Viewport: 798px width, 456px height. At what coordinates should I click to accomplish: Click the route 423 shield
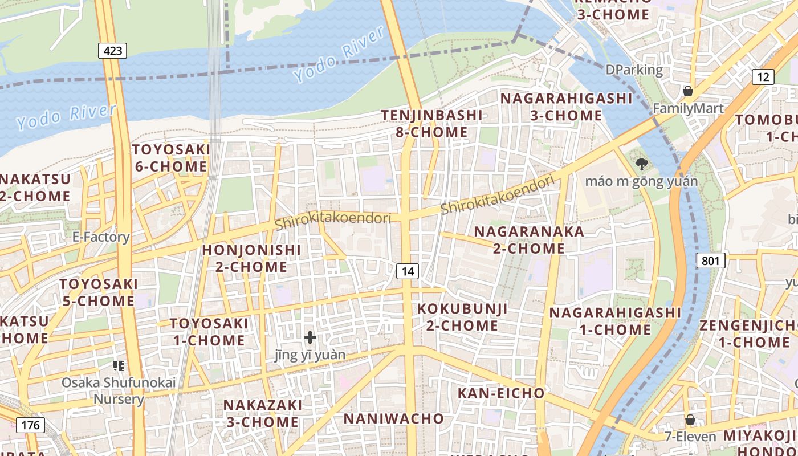click(112, 51)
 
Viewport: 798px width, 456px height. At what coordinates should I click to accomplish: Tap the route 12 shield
click(763, 77)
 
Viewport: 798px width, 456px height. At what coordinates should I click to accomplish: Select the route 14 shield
click(407, 271)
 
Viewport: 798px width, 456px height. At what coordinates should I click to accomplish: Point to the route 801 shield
click(710, 261)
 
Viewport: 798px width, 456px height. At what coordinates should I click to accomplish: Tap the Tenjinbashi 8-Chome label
click(431, 124)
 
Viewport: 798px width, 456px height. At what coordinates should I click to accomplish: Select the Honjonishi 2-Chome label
click(251, 258)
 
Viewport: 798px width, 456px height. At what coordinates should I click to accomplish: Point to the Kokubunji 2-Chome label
click(462, 317)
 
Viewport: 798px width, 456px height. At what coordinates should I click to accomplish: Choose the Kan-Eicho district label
click(501, 393)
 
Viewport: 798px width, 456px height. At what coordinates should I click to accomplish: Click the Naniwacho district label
click(393, 418)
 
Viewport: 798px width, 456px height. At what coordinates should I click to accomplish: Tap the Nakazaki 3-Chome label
click(262, 413)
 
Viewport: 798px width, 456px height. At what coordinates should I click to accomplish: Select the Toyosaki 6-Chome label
click(171, 158)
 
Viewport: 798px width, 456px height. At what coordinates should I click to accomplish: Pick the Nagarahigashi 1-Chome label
click(615, 321)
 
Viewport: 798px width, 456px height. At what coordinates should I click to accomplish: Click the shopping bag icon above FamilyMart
click(688, 91)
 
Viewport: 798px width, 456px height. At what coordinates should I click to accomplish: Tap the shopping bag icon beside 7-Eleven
click(690, 420)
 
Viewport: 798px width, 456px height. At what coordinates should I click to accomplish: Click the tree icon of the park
click(641, 165)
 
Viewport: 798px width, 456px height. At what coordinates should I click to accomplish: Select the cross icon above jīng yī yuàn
click(310, 337)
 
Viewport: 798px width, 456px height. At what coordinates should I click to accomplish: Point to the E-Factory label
click(101, 237)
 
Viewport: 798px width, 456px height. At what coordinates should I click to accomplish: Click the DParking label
click(634, 70)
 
